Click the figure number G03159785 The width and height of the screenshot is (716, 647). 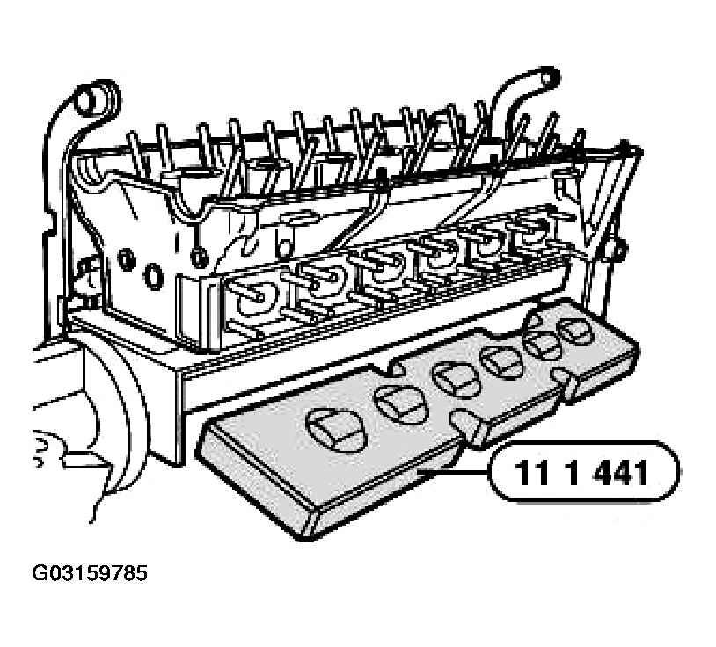coord(90,573)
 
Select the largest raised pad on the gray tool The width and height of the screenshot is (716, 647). coord(336,430)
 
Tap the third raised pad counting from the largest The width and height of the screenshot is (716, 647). coord(455,380)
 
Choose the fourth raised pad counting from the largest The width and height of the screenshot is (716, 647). coord(503,362)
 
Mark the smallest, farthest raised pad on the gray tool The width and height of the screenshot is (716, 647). coord(576,331)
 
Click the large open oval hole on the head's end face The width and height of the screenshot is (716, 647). coord(154,276)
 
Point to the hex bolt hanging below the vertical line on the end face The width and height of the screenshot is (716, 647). coord(198,258)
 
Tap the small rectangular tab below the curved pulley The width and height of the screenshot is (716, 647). coord(86,460)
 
